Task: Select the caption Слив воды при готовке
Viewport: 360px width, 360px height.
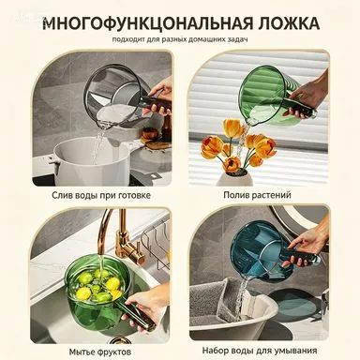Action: pyautogui.click(x=101, y=195)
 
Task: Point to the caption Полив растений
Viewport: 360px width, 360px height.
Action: pyautogui.click(x=257, y=195)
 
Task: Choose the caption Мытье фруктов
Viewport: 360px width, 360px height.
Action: pyautogui.click(x=100, y=352)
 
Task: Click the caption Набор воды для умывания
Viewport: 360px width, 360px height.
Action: pyautogui.click(x=260, y=350)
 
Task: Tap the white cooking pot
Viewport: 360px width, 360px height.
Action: pyautogui.click(x=91, y=162)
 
